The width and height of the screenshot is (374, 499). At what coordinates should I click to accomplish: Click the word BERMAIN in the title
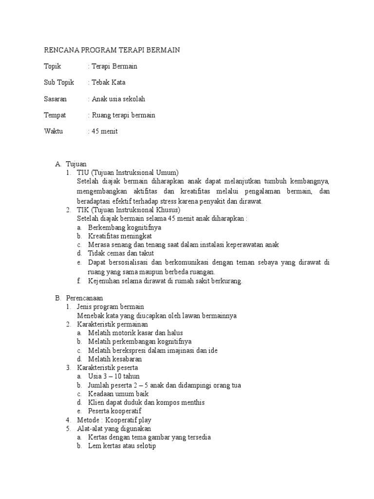pyautogui.click(x=163, y=50)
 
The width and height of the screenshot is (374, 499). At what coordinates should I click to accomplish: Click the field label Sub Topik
pyautogui.click(x=59, y=82)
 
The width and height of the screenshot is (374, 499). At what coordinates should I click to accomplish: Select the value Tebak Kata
pyautogui.click(x=108, y=82)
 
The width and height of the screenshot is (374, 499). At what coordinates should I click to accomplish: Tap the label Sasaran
pyautogui.click(x=56, y=99)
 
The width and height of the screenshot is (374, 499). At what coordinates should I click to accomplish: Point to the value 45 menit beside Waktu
pyautogui.click(x=105, y=131)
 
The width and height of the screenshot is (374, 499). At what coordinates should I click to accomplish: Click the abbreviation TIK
pyautogui.click(x=83, y=210)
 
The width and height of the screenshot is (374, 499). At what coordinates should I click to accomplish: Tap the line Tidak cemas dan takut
pyautogui.click(x=121, y=253)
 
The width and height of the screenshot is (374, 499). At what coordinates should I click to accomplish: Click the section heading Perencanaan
pyautogui.click(x=83, y=298)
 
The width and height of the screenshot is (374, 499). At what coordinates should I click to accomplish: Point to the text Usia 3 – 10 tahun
pyautogui.click(x=114, y=376)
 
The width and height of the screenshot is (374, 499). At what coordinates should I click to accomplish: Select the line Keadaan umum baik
pyautogui.click(x=118, y=394)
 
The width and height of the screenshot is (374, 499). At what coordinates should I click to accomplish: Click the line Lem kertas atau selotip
pyautogui.click(x=122, y=446)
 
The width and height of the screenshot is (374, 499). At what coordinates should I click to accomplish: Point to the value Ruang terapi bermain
pyautogui.click(x=122, y=115)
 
